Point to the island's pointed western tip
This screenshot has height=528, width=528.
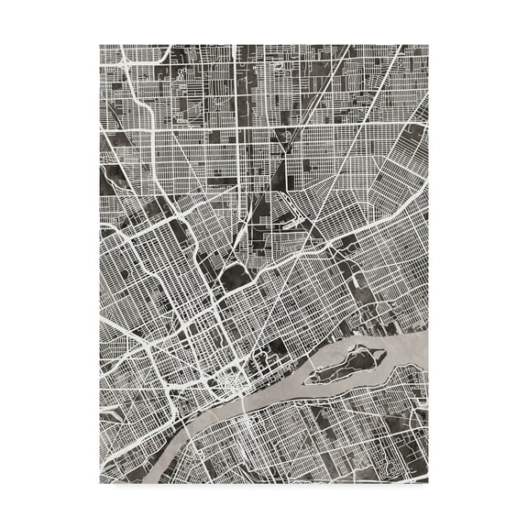point(309,377)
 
